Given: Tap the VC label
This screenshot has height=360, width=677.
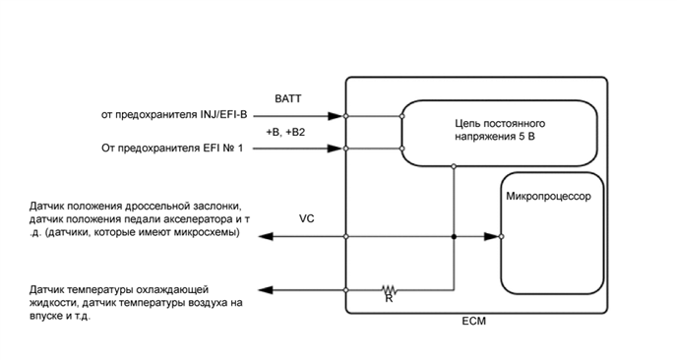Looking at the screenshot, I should click(x=306, y=218).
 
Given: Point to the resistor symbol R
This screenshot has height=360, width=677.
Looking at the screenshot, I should click(x=390, y=290).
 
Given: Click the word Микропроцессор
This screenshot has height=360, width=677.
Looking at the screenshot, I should click(x=547, y=197).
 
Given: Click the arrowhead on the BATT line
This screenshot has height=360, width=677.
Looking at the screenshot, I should click(x=338, y=116).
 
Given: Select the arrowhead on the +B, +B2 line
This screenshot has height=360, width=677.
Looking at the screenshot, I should click(x=338, y=150).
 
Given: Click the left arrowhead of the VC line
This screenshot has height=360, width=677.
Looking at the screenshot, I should click(x=263, y=237).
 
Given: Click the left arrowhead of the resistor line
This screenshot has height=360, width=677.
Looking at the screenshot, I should click(x=263, y=290).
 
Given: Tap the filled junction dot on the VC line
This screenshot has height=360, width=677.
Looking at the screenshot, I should click(x=453, y=237).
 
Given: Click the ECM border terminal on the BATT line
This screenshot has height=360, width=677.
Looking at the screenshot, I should click(x=346, y=116).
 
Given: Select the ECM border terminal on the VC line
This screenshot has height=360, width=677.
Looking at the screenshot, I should click(x=346, y=237).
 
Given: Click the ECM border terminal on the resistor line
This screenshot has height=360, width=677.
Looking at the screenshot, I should click(x=346, y=290).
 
